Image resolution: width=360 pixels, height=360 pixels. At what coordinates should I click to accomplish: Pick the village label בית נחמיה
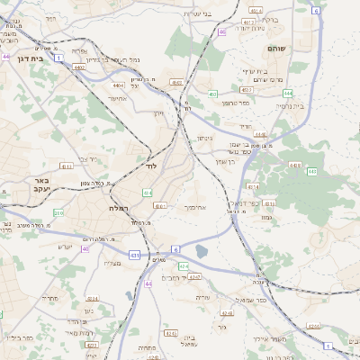pyautogui.click(x=290, y=105)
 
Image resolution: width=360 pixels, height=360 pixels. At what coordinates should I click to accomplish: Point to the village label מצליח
pyautogui.click(x=112, y=262)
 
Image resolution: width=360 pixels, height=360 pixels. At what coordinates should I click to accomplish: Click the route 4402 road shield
pyautogui.click(x=80, y=67)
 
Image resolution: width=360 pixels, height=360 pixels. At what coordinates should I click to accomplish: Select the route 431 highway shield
pyautogui.click(x=134, y=256)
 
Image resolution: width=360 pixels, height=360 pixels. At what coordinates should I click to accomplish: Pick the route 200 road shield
pyautogui.click(x=58, y=213)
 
